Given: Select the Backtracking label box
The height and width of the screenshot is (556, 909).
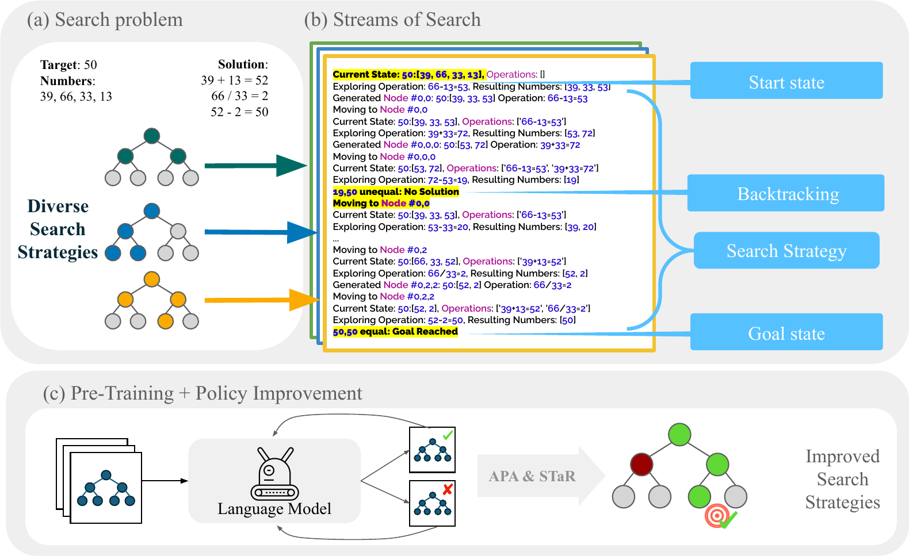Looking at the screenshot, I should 786,193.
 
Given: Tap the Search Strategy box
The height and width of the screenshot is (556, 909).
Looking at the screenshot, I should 786,251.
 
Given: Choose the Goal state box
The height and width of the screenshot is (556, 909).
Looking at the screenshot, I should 786,332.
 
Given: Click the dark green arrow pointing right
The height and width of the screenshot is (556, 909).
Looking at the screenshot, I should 253,166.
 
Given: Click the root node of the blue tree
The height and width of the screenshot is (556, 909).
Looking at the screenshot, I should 151,210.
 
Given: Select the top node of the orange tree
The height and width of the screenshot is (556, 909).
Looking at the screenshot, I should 151,279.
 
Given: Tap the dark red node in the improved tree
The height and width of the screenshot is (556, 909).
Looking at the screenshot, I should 641,464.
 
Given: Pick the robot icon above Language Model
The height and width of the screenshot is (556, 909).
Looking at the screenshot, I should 274,474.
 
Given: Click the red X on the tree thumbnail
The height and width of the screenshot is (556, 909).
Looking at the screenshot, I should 448,489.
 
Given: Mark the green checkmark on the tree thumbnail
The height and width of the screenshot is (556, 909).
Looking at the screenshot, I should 448,435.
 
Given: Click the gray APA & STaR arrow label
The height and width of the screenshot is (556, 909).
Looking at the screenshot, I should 532,476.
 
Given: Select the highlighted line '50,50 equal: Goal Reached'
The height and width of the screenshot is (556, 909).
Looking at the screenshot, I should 395,332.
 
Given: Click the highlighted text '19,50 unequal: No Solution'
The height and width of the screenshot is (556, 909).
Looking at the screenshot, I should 396,191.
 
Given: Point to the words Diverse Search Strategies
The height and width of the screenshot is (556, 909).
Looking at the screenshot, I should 58,229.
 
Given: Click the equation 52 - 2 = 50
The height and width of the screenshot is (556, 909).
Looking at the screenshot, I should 239,112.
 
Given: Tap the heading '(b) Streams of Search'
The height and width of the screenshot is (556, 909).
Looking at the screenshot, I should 392,20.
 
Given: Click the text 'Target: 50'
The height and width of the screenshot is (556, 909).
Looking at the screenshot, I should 68,64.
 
